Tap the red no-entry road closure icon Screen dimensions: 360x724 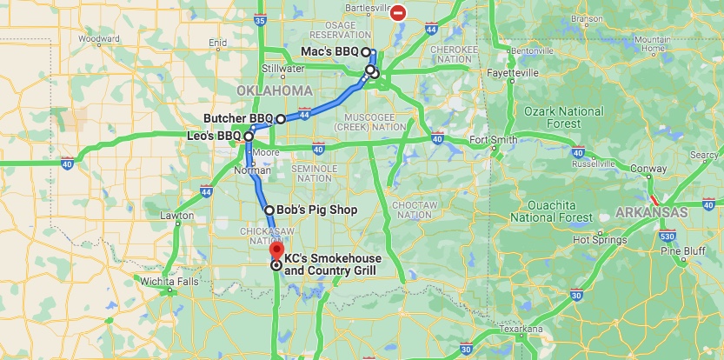click(398, 12)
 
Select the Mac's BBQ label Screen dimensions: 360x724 click(329, 52)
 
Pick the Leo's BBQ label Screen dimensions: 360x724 click(213, 137)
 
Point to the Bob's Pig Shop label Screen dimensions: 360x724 click(316, 210)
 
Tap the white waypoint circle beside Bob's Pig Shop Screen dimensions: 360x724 click(269, 210)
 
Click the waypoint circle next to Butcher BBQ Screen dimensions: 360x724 click(281, 118)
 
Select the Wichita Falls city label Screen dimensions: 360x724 click(169, 282)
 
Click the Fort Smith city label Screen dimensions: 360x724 click(492, 139)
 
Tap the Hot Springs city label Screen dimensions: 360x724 click(594, 239)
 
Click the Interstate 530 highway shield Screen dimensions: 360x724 click(667, 237)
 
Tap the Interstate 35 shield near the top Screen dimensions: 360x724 click(262, 19)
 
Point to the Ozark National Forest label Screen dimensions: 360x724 click(564, 117)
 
